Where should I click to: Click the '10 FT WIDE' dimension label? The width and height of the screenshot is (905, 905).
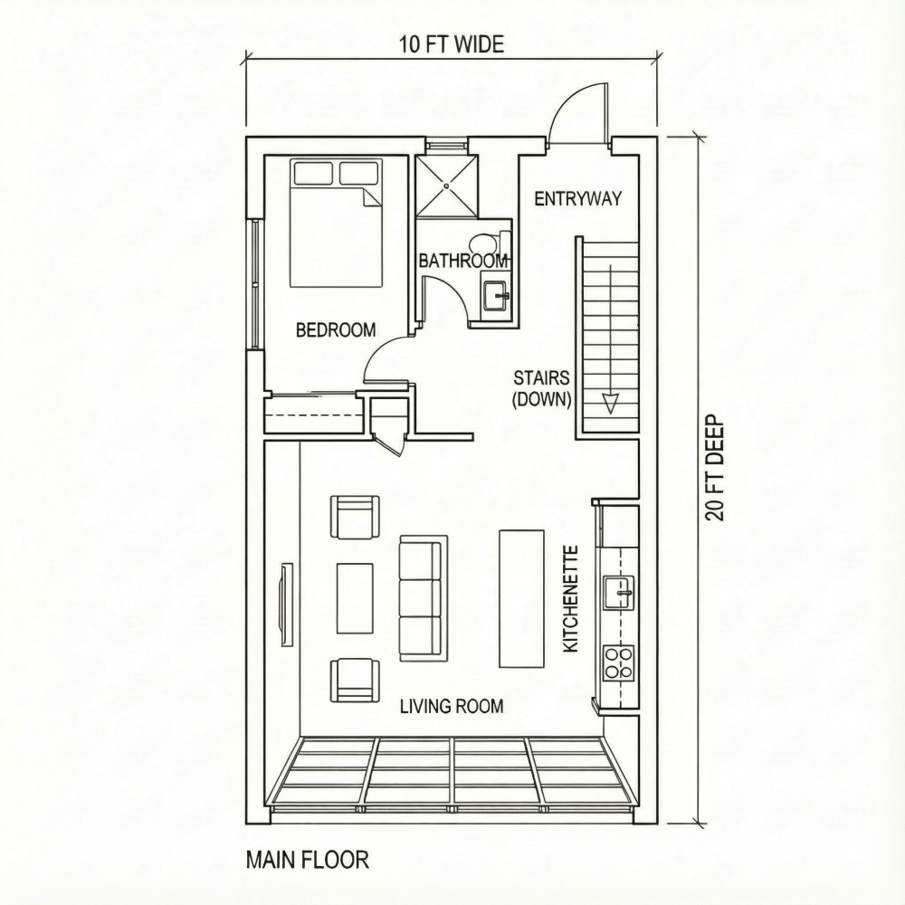452,43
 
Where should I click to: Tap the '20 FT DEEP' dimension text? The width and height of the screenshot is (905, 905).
715,468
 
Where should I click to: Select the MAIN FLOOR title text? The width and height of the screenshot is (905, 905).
308,859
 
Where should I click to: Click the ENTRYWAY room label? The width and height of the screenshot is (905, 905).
577,199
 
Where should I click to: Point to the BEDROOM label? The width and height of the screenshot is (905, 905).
336,330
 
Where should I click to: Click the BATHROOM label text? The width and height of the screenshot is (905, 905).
463,261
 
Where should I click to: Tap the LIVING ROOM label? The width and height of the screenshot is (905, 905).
452,706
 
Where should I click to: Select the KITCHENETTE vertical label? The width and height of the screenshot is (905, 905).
571,598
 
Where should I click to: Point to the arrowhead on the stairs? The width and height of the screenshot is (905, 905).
610,403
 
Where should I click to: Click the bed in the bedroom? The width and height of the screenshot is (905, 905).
336,223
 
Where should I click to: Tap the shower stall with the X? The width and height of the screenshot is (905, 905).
446,186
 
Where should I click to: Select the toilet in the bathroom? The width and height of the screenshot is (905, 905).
489,243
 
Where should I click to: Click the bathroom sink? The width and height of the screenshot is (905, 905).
495,296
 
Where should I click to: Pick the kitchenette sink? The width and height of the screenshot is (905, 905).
620,592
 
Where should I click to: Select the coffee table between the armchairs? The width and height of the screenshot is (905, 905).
355,598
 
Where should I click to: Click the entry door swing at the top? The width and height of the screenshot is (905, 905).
579,113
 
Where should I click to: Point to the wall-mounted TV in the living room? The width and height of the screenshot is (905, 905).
287,604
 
